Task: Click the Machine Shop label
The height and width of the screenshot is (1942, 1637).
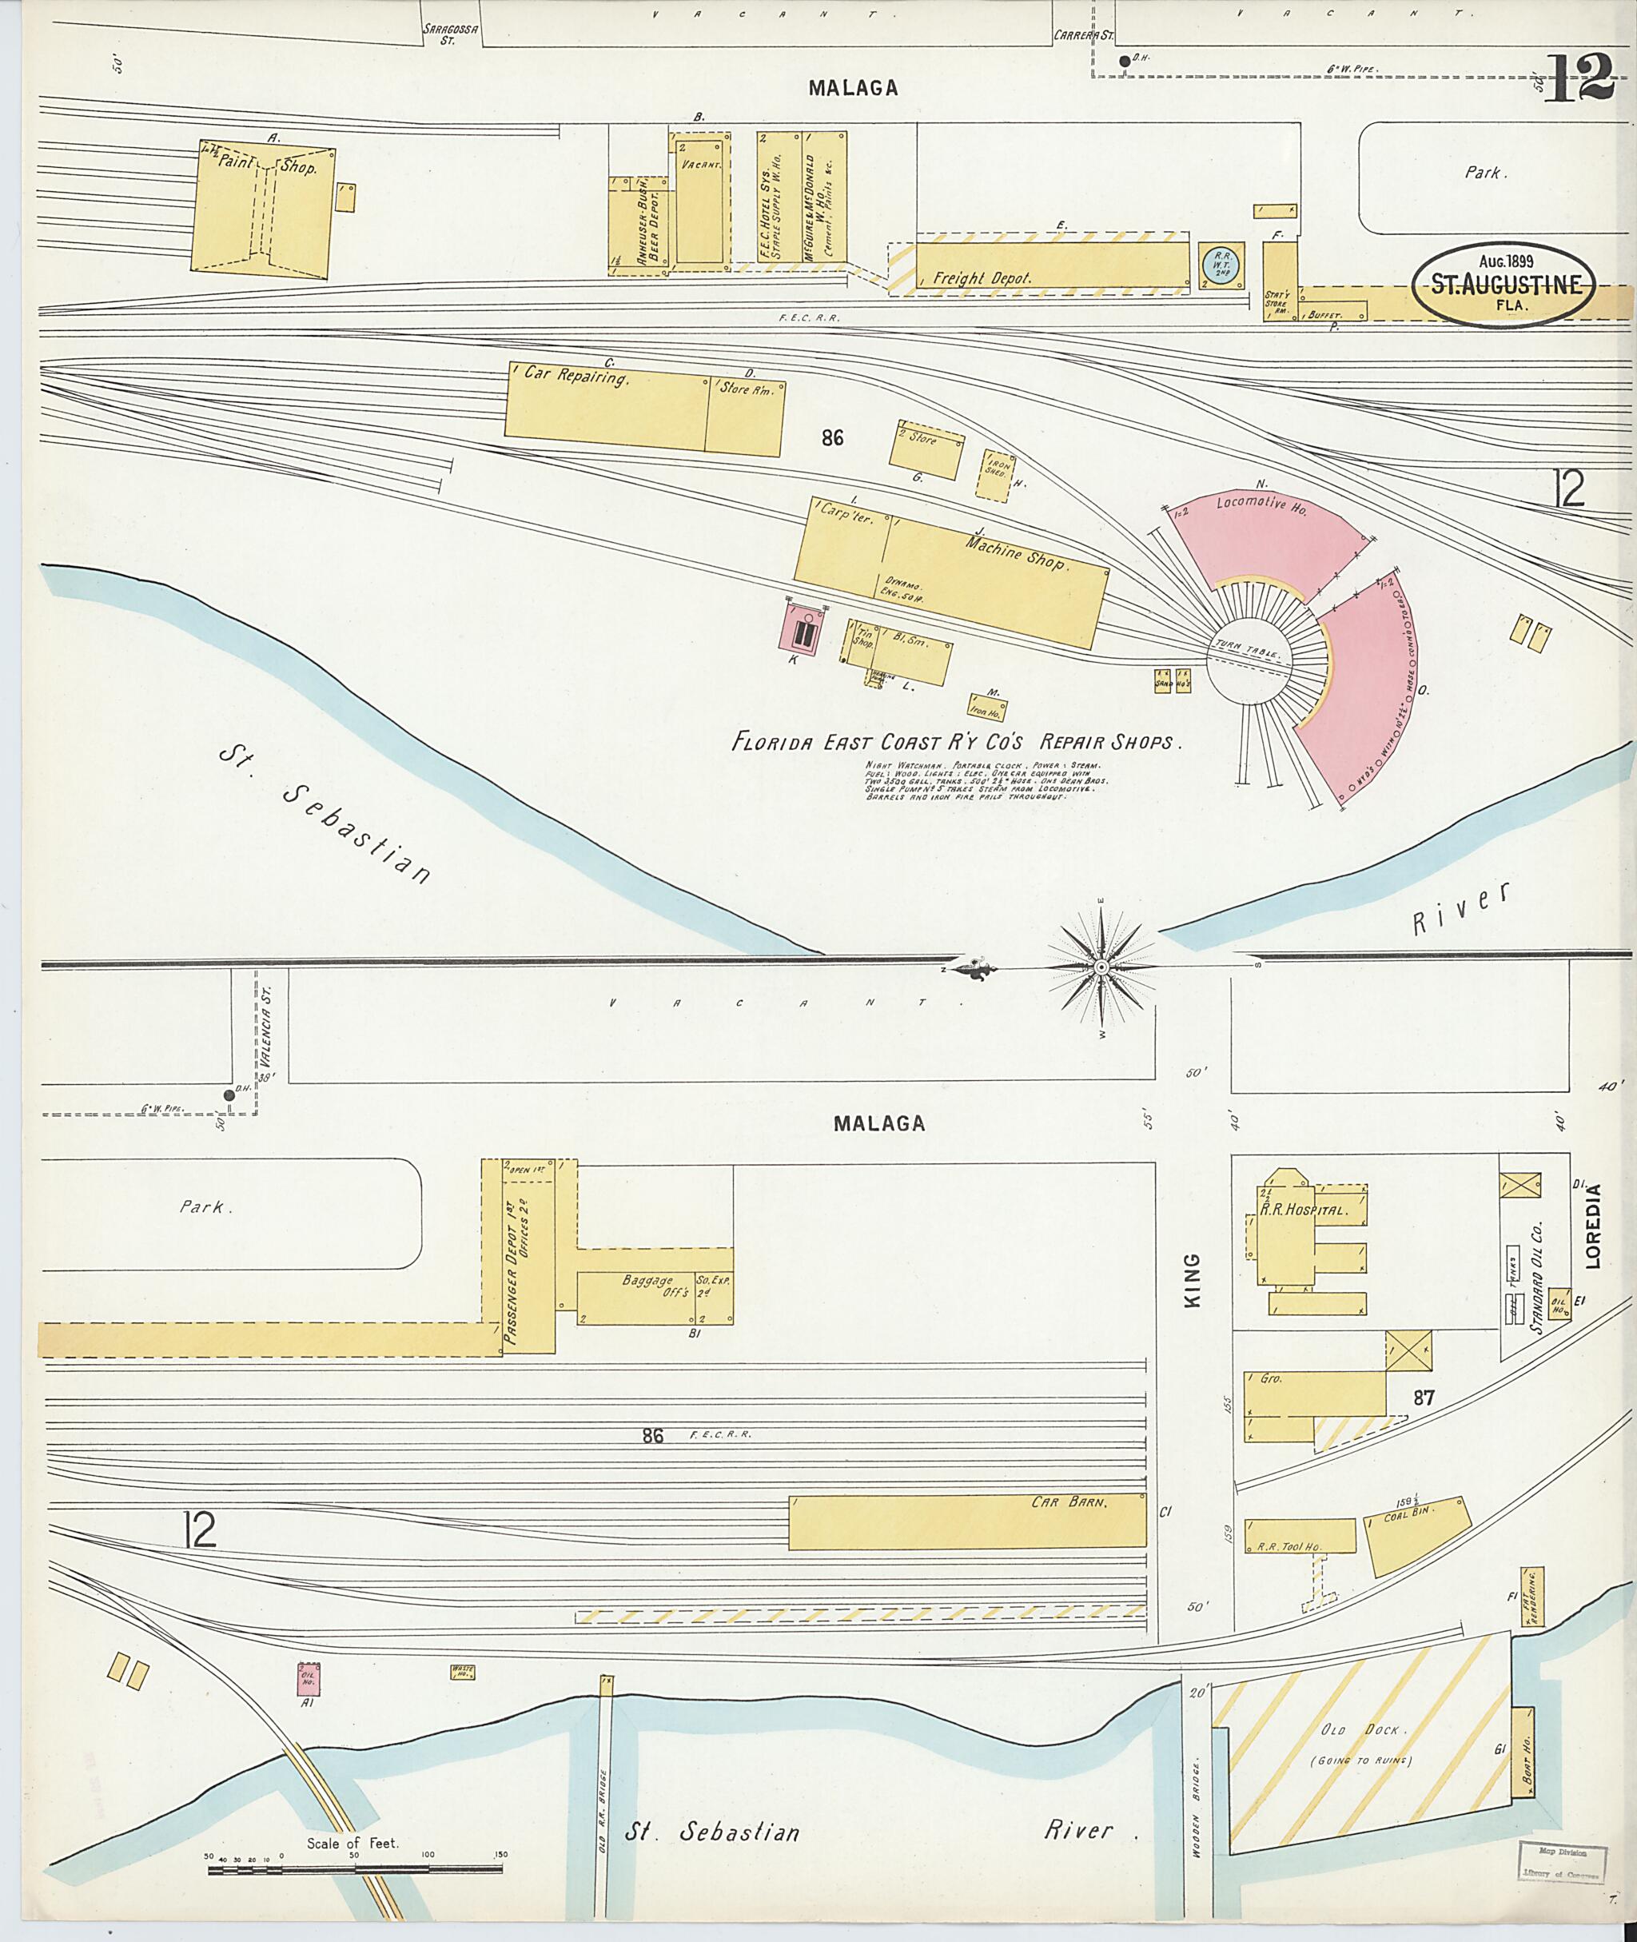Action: point(1017,552)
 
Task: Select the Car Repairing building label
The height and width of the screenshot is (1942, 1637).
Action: point(577,376)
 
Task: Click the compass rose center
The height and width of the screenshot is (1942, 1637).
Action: point(1101,968)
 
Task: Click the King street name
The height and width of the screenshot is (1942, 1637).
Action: point(1193,1280)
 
